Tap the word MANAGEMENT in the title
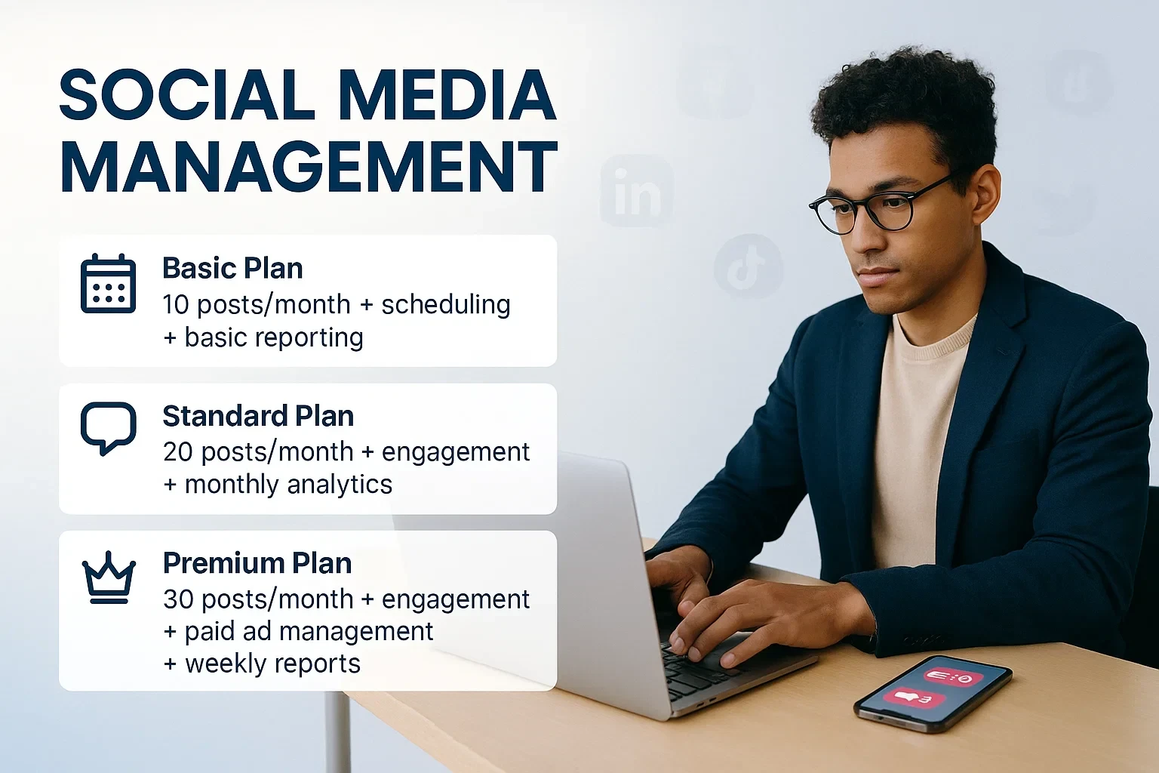click(309, 166)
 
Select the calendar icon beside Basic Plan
click(108, 283)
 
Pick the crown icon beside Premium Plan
click(109, 577)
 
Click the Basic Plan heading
click(233, 268)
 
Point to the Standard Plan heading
click(258, 416)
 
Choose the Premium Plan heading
click(257, 563)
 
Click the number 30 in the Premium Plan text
click(177, 599)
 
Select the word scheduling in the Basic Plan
click(446, 304)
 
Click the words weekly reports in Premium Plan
click(272, 664)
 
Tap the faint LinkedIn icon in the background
click(637, 191)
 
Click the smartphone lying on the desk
click(933, 693)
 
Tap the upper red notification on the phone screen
click(954, 677)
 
